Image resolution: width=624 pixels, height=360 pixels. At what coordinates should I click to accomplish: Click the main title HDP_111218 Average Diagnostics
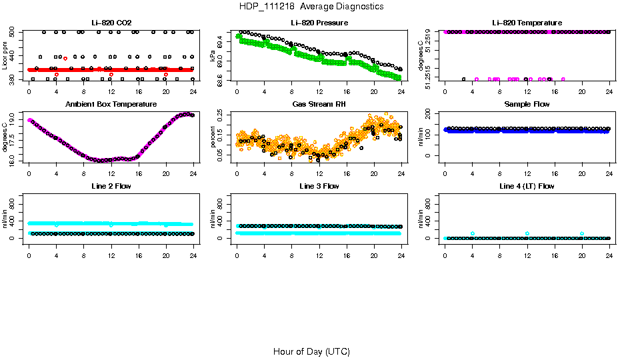(311, 6)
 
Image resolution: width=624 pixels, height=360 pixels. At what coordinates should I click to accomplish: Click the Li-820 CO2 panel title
(111, 23)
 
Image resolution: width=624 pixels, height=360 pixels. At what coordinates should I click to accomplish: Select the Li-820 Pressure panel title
(319, 23)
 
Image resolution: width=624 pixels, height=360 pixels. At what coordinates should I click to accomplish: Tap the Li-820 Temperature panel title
(527, 23)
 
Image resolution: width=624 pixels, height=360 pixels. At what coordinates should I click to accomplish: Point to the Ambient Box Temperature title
(111, 105)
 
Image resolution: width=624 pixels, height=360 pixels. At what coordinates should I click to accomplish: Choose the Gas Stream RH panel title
(319, 105)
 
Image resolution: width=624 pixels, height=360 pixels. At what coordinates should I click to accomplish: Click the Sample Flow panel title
(527, 105)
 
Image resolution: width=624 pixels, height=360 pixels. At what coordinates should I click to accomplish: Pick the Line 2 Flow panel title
(111, 186)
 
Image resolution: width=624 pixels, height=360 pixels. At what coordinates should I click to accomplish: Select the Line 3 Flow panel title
(319, 186)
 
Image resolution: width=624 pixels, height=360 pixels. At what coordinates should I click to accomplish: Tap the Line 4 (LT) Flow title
(527, 186)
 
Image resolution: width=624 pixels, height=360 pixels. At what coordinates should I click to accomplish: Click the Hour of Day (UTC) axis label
(311, 351)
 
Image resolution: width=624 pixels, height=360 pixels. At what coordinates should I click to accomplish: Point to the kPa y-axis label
(213, 56)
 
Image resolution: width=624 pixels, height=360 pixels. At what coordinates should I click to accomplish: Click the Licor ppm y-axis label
(5, 56)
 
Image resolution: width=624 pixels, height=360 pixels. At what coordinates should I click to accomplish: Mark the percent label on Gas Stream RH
(213, 137)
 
